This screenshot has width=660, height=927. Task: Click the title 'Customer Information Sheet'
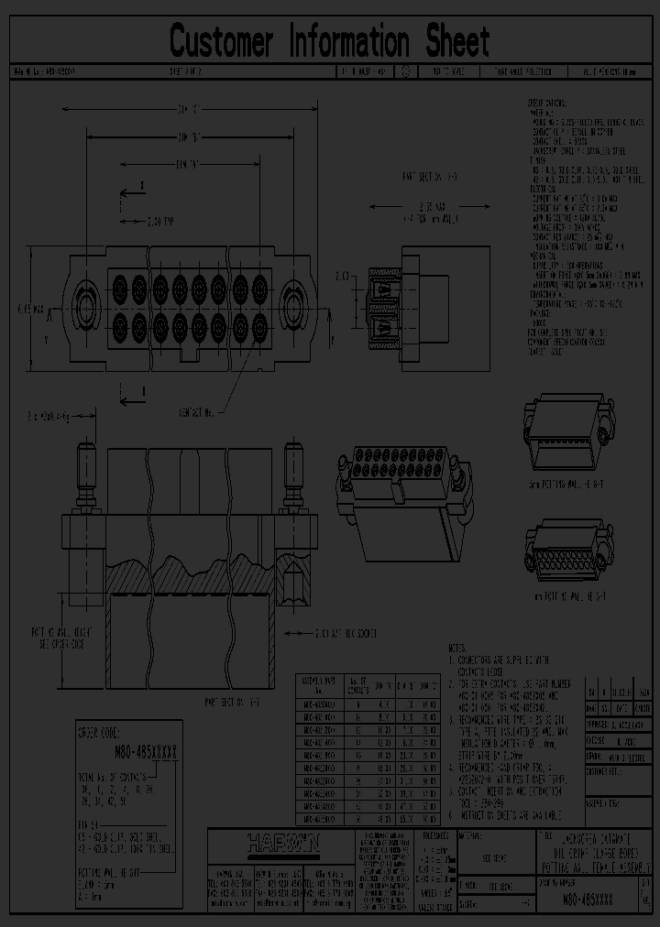[330, 41]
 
